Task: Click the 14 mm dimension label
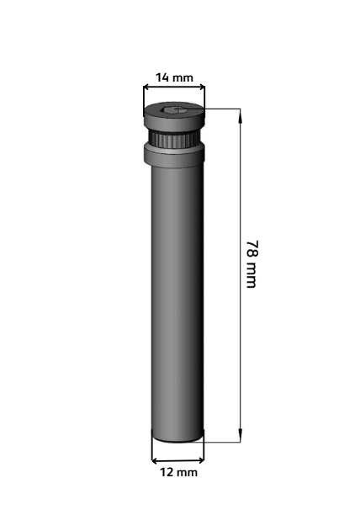pos(174,78)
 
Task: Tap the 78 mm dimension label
pos(252,264)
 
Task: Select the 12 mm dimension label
pos(179,473)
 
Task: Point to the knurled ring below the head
pos(174,140)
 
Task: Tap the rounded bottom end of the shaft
pos(177,438)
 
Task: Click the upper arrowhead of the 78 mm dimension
pos(241,115)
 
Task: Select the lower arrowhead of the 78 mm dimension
pos(241,435)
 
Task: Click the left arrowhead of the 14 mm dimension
pos(147,87)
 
